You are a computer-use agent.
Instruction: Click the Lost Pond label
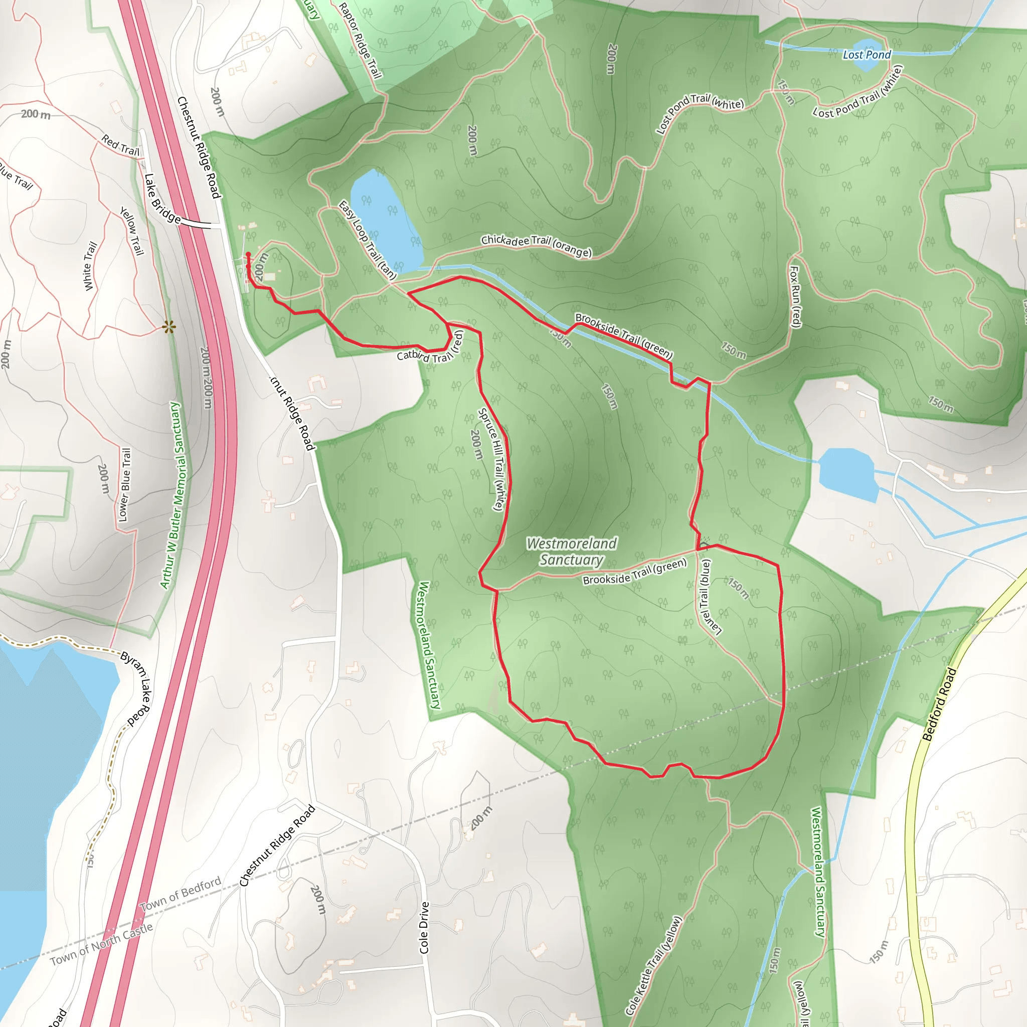(x=867, y=55)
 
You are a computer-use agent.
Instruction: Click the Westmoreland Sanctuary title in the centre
(x=572, y=551)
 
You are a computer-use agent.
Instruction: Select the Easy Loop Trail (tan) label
(x=367, y=240)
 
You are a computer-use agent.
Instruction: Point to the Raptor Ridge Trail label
(x=360, y=40)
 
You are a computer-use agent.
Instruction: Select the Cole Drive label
(x=424, y=928)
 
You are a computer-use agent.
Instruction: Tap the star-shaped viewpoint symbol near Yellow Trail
(x=169, y=327)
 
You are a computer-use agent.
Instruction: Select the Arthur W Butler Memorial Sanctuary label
(x=170, y=495)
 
